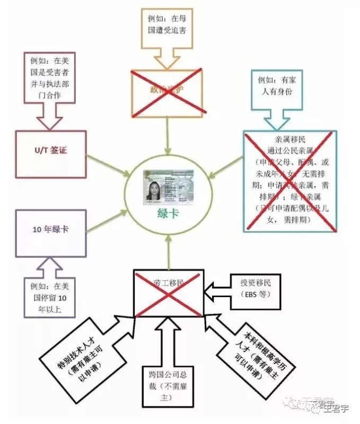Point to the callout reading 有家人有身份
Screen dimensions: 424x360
pyautogui.click(x=276, y=85)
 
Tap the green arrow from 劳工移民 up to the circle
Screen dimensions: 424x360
pyautogui.click(x=169, y=253)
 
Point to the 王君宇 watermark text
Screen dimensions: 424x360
pyautogui.click(x=337, y=408)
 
